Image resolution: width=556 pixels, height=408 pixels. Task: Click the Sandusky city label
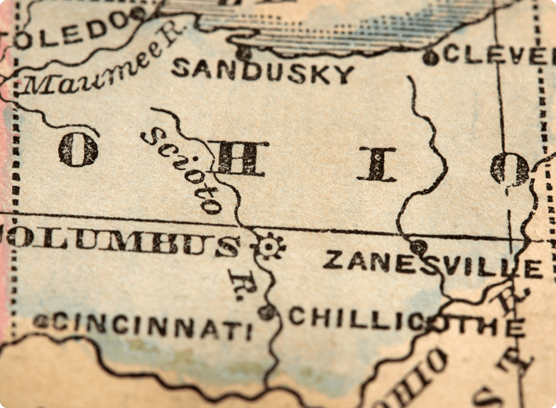[x=263, y=72]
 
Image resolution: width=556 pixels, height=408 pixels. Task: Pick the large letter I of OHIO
[x=377, y=165]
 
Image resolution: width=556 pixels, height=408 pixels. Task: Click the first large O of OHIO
[x=78, y=149]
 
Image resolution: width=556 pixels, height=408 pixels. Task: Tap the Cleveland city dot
[x=430, y=58]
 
